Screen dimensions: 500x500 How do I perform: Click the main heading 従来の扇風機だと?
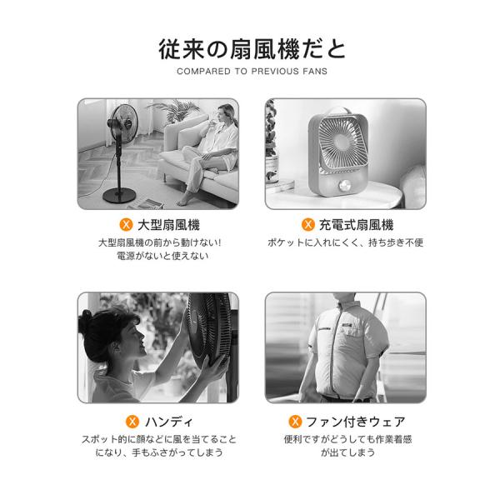point(252,49)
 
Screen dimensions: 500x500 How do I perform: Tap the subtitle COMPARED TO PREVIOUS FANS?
point(252,71)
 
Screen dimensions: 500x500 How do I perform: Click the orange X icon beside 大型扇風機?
point(126,225)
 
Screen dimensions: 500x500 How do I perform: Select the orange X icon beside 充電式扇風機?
point(308,224)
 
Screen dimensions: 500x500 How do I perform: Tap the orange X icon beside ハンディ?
point(132,422)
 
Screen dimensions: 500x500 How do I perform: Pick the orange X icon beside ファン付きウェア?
point(295,422)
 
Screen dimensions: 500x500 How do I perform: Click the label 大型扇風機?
point(168,225)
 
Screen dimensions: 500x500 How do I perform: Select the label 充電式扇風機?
point(356,225)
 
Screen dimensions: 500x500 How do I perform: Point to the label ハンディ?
point(169,422)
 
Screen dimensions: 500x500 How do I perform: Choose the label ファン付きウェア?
point(356,422)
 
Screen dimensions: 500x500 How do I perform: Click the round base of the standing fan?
point(119,195)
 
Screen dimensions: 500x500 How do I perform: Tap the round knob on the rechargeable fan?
point(345,185)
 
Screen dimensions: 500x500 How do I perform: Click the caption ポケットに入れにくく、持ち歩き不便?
point(345,242)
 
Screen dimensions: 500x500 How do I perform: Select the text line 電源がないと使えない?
point(162,256)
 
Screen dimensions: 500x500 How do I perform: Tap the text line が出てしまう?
point(347,452)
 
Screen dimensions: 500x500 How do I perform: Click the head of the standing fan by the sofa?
point(122,123)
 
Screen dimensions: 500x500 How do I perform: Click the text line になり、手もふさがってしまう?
point(159,452)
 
